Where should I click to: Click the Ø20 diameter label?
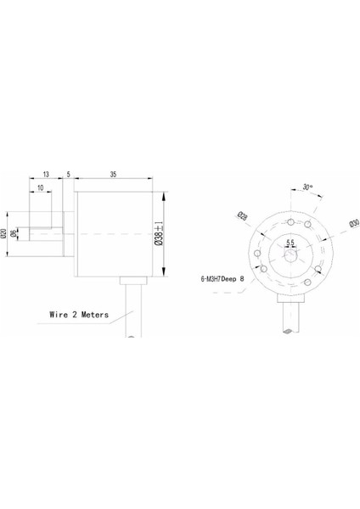[x=6, y=232]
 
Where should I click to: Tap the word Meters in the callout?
[x=96, y=313]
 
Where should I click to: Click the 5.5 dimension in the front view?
[x=290, y=243]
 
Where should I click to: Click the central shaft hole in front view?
[x=290, y=253]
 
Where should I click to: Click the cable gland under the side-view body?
[x=133, y=280]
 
